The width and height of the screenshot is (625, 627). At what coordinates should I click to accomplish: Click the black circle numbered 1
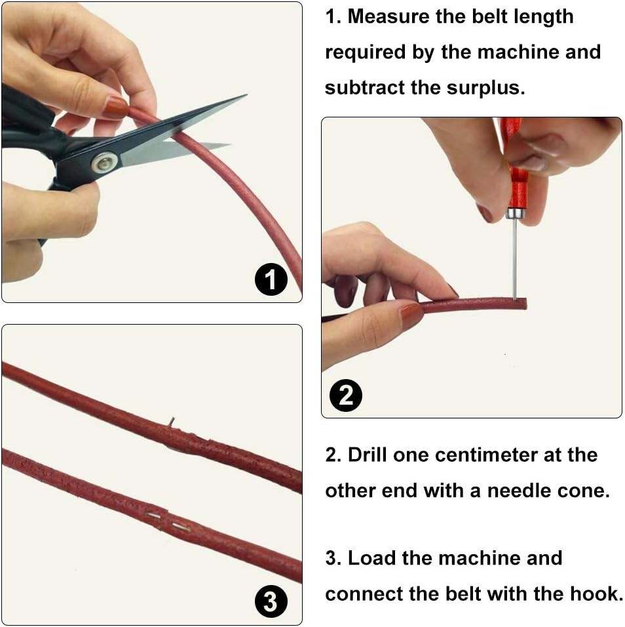pos(271,279)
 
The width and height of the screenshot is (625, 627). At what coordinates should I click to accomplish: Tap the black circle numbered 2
pos(345,395)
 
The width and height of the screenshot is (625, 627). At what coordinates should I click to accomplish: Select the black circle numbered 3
pos(271,601)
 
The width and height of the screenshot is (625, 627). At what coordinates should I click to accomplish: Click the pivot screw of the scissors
pos(105,162)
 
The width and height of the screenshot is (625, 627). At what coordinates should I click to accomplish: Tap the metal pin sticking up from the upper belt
pos(172,421)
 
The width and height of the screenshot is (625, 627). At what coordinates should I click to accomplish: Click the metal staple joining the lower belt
pos(167,521)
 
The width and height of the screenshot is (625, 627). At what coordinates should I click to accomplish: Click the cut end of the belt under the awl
pos(524,304)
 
